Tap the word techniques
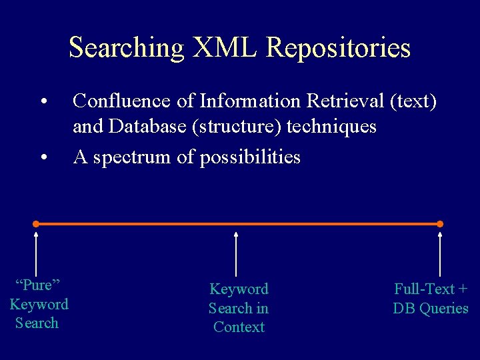point(331,127)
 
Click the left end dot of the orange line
point(36,224)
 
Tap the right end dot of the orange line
point(440,224)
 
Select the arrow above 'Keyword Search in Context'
point(237,253)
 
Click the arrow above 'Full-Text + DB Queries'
point(440,253)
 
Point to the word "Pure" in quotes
point(37,285)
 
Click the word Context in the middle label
point(239,327)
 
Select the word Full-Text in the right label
point(424,289)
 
